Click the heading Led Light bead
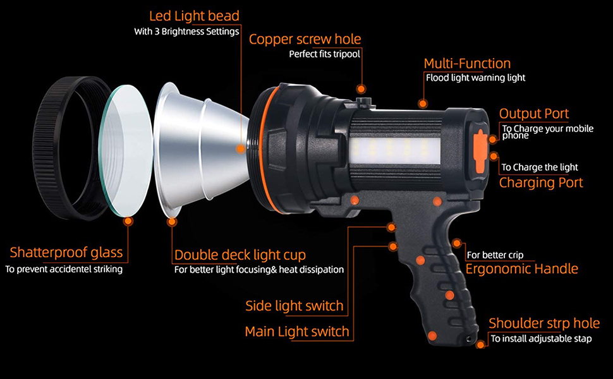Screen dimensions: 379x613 tap(194, 15)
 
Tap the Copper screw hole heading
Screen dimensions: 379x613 tap(305, 39)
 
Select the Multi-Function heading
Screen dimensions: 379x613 tap(467, 63)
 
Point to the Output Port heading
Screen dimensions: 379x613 tap(534, 114)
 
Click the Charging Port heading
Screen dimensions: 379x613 tap(541, 183)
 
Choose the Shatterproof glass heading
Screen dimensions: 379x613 tap(66, 253)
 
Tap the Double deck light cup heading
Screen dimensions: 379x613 tap(240, 255)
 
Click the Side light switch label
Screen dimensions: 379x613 tap(294, 306)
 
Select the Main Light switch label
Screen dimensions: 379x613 tap(296, 332)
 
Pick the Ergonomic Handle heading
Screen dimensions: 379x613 tap(521, 269)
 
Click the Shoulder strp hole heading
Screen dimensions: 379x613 tap(544, 323)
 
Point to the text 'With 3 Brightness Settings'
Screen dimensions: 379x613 tap(186, 32)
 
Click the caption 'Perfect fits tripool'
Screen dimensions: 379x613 tap(324, 54)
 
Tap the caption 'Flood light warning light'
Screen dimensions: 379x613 tap(475, 78)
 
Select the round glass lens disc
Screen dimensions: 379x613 tap(126, 152)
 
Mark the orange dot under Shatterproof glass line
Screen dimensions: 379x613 tap(128, 221)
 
